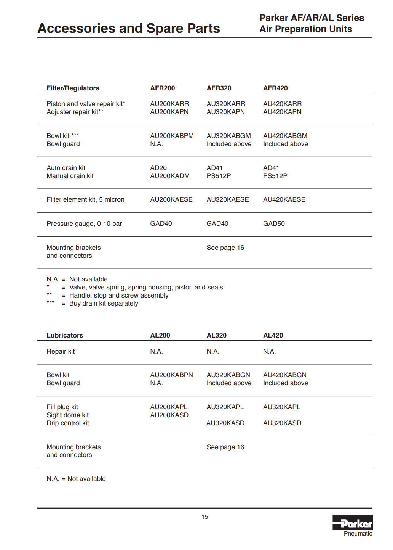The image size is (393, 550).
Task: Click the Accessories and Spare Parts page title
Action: pos(129,29)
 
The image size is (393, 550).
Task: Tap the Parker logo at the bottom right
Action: pos(352,523)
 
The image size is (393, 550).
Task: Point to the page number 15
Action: pos(205,517)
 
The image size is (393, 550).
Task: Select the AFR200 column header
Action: pos(163,88)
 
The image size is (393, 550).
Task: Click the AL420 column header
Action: pos(273,335)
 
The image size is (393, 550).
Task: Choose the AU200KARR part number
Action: pos(169,104)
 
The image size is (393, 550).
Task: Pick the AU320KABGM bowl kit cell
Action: pos(229,136)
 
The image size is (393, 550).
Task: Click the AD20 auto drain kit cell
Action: pos(158,168)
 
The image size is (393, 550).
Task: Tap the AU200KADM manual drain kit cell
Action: pos(170,176)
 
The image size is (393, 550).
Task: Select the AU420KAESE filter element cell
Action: pos(284,199)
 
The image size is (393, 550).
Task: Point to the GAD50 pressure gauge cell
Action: pos(274,224)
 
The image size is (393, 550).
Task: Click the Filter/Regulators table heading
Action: pos(73,88)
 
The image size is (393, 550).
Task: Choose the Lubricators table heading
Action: pos(65,335)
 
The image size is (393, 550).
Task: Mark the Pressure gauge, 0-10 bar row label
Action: pos(84,224)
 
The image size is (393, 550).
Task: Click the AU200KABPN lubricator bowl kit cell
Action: pos(171,375)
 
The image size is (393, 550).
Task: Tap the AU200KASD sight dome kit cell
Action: pos(169,415)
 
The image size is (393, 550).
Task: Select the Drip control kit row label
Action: pos(68,423)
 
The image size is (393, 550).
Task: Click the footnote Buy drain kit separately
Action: pos(104,303)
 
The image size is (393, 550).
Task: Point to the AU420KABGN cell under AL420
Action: pos(285,375)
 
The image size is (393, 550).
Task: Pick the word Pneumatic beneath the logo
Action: pos(358,534)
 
